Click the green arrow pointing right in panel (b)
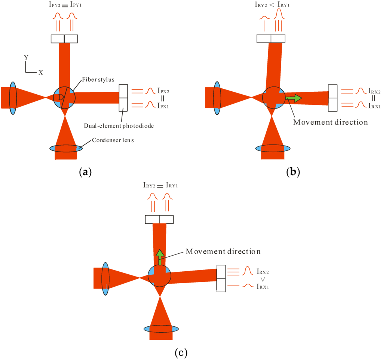[293, 98]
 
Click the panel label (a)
[83, 172]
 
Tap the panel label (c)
[181, 353]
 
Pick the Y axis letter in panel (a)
[26, 58]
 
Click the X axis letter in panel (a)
[40, 73]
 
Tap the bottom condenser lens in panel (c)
[161, 329]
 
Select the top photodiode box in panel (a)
[64, 39]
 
